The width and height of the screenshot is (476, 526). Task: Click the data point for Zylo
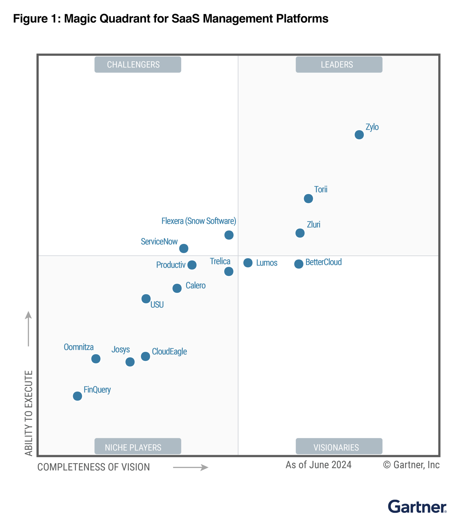(359, 135)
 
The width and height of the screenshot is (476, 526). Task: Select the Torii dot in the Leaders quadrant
(308, 199)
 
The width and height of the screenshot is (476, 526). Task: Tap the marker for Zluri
(300, 233)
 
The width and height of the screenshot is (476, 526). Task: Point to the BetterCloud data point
(298, 264)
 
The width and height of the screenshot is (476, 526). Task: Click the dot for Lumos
(248, 263)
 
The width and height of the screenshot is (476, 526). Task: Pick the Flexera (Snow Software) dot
(229, 235)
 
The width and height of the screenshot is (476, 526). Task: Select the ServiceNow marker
(184, 248)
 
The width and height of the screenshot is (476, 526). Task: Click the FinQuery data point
(77, 396)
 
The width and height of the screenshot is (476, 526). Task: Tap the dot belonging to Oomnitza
(96, 359)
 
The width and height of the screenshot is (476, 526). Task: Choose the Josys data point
(130, 362)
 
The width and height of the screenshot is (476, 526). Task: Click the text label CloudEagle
(169, 351)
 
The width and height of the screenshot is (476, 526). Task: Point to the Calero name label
(195, 285)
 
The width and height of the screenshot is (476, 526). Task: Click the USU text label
(157, 305)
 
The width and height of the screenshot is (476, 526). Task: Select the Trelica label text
(220, 261)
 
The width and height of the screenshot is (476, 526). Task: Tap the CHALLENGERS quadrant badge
(138, 64)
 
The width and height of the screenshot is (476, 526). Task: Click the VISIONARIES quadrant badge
(339, 447)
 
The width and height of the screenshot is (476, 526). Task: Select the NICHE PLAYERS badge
(138, 447)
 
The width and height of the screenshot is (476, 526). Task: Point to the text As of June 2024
(318, 465)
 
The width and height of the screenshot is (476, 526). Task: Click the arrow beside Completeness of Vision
(190, 467)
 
